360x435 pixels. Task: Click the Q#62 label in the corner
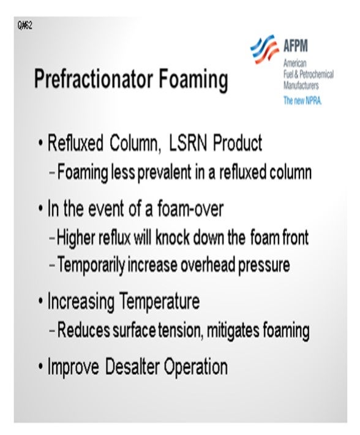25,25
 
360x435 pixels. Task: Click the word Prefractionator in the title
94,79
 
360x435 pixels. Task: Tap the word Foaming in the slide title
193,80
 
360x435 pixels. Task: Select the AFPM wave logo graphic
264,49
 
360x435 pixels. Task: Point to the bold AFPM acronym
296,45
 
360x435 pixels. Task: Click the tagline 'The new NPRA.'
302,100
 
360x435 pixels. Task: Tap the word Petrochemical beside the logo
317,74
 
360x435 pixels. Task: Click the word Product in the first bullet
238,143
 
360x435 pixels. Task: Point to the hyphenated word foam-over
190,209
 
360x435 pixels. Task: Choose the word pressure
264,265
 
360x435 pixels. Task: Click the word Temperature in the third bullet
159,301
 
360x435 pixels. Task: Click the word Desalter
132,366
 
